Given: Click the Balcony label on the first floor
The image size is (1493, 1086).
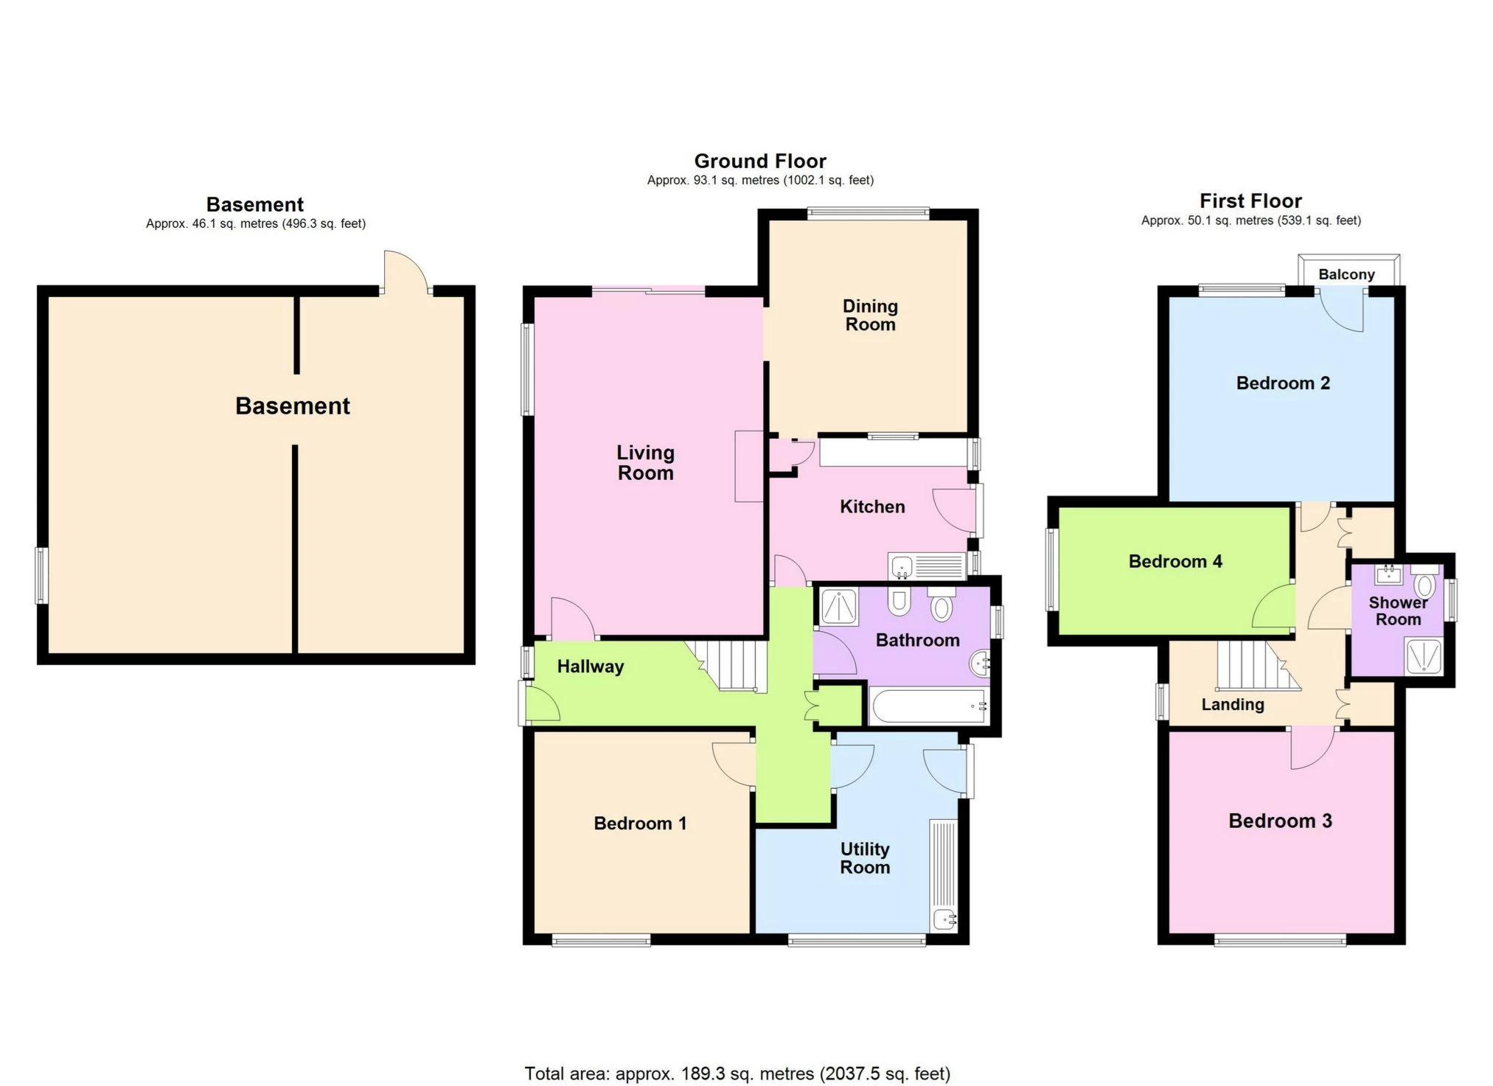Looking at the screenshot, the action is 1346,274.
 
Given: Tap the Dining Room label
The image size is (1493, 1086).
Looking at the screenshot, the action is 870,316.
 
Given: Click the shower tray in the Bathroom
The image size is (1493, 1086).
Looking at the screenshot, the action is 839,607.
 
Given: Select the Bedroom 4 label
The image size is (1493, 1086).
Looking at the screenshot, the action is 1175,562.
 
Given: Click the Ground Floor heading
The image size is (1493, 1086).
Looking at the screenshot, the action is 760,161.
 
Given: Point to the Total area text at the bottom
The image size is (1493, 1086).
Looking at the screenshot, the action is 737,1073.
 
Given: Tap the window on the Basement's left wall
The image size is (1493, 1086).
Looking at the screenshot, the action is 42,576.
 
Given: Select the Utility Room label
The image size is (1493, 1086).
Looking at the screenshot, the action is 865,858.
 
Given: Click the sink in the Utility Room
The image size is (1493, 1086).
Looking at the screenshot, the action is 944,919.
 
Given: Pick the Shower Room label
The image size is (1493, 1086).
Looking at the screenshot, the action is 1398,611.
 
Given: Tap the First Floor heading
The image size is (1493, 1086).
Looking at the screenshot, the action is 1250,201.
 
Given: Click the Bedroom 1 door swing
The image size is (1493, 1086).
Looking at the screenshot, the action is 734,765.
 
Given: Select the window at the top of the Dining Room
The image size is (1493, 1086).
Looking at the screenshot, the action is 868,214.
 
